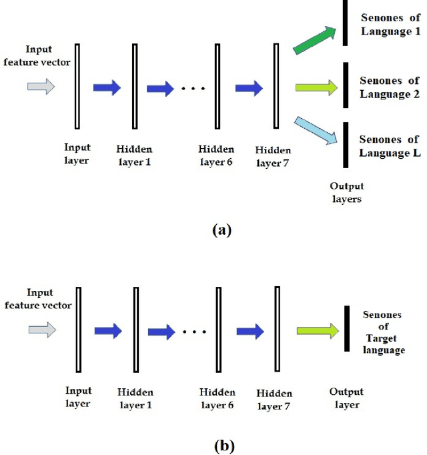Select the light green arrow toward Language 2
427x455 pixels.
[x=316, y=87]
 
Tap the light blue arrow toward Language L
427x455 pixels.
[x=316, y=131]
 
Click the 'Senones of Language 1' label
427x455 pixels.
[x=389, y=23]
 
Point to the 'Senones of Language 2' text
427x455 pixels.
[x=389, y=87]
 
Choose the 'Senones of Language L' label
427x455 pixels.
[x=389, y=145]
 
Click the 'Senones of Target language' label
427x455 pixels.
[x=384, y=332]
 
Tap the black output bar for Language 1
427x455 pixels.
[x=346, y=23]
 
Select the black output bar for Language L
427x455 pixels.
[x=346, y=145]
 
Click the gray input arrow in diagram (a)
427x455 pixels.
[x=41, y=86]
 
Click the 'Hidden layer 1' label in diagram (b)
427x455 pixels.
[x=135, y=398]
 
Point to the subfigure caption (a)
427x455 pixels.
[x=221, y=230]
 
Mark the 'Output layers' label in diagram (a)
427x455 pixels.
[x=346, y=193]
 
